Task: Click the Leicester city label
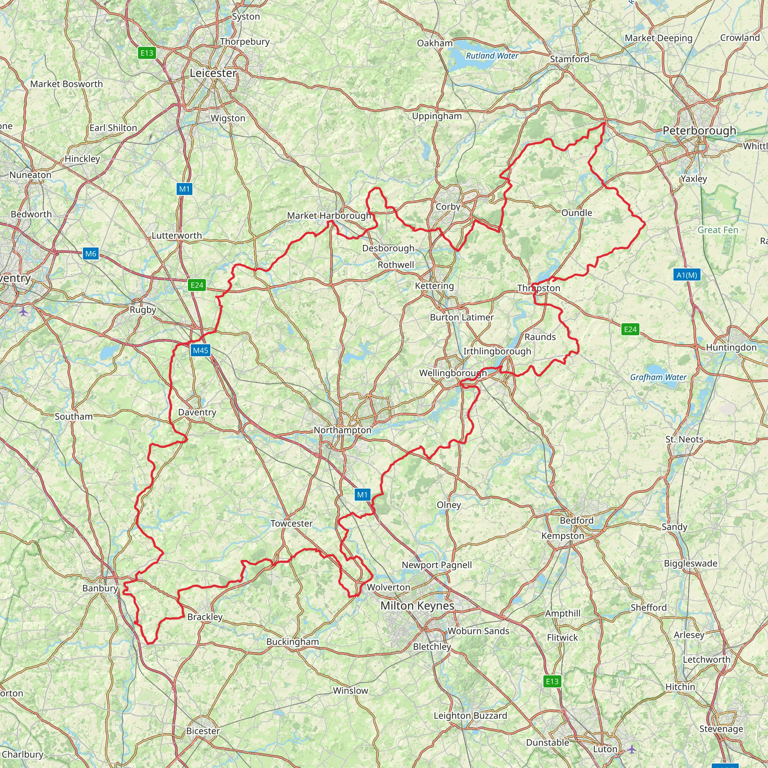(x=213, y=73)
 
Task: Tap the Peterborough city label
(x=699, y=130)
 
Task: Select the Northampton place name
(x=342, y=430)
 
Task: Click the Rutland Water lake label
(x=492, y=55)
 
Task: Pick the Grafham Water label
(x=658, y=377)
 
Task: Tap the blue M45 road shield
(x=200, y=350)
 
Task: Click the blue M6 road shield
(x=91, y=253)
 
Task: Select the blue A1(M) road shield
(x=687, y=274)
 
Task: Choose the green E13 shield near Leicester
(x=147, y=53)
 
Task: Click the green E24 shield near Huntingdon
(x=630, y=329)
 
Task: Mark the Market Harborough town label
(x=329, y=216)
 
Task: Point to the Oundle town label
(x=576, y=213)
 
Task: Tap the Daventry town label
(x=197, y=412)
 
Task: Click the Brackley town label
(x=205, y=616)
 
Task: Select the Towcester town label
(x=291, y=523)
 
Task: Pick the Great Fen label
(x=717, y=230)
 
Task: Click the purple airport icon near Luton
(x=631, y=749)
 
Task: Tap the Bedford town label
(x=576, y=520)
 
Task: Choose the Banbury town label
(x=100, y=588)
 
